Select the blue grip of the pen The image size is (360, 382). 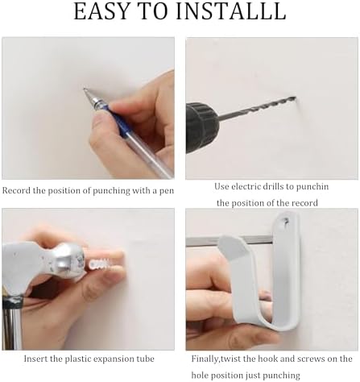(x=118, y=120)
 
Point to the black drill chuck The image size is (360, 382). (x=202, y=127)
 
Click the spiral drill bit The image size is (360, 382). (x=257, y=108)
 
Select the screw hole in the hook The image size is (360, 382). (x=286, y=221)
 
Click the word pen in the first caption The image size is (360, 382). (x=167, y=191)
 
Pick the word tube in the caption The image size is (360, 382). (x=147, y=359)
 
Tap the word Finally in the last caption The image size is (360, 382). (x=205, y=359)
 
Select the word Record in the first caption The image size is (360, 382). (x=16, y=191)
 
